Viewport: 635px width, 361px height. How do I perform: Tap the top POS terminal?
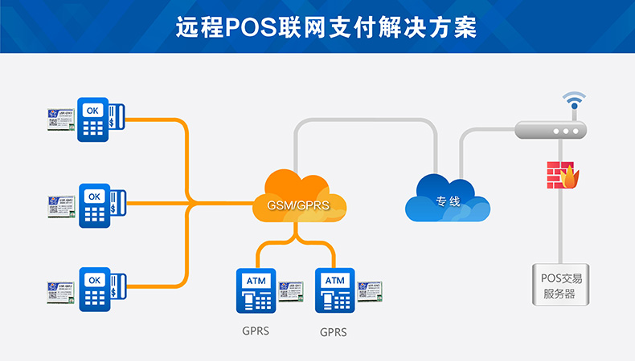coord(95,120)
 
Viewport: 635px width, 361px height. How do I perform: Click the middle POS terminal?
coord(95,205)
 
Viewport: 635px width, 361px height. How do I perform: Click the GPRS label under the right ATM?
coord(334,331)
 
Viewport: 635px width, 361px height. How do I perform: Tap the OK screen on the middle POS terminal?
coord(95,196)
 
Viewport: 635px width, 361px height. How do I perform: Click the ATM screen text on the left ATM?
coord(256,280)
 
